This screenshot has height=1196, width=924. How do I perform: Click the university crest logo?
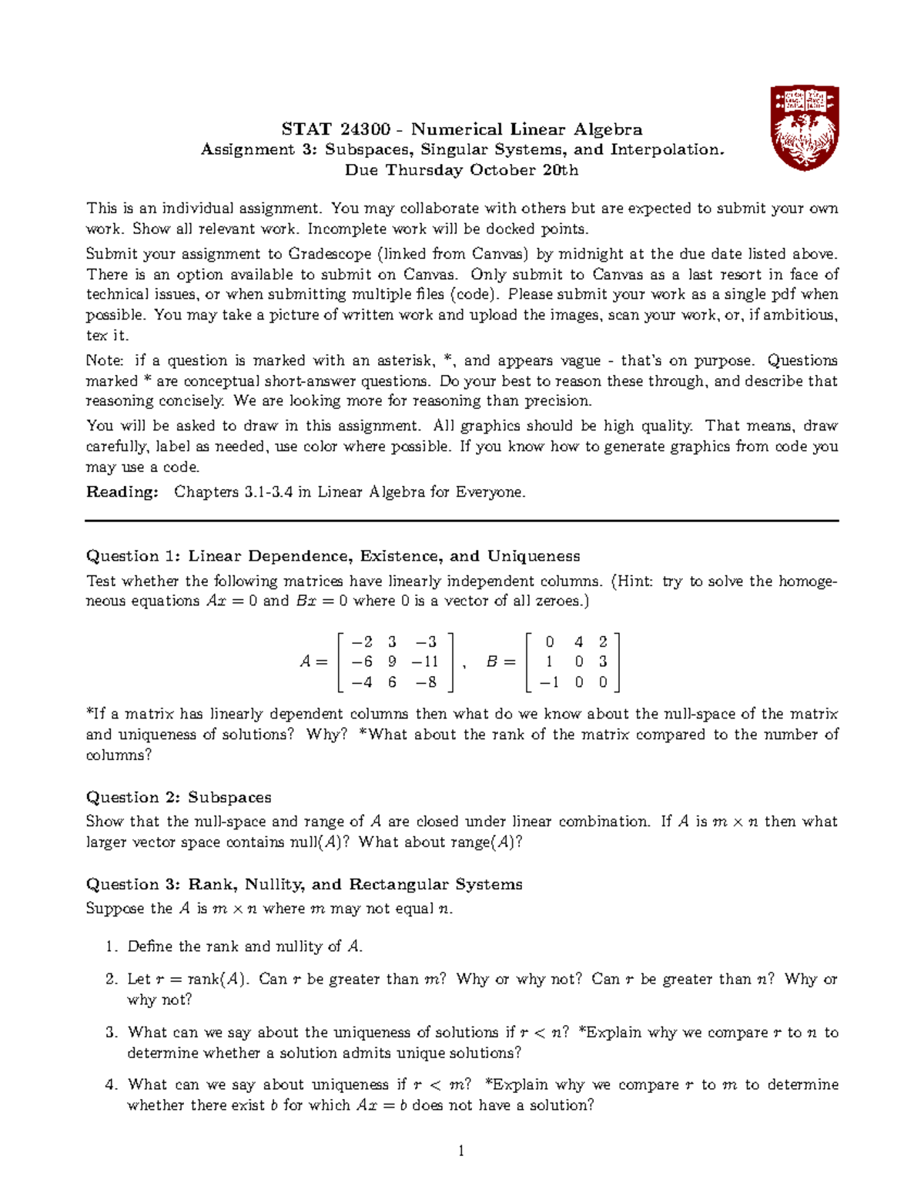click(x=805, y=128)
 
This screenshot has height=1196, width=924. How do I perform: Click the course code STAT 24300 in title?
click(x=336, y=129)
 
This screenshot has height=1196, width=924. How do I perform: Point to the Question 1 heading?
click(x=333, y=556)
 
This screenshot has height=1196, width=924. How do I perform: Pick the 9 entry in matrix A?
click(x=393, y=662)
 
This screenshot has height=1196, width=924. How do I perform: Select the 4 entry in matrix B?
click(x=578, y=642)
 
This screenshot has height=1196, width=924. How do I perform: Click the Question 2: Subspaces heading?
click(x=179, y=797)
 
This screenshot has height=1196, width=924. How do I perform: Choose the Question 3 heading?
click(x=304, y=884)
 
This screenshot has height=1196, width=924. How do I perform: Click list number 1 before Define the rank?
click(x=111, y=946)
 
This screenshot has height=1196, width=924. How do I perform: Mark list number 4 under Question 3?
click(x=111, y=1085)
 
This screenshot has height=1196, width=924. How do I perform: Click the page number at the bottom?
click(x=461, y=1151)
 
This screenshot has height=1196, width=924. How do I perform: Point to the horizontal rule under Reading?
click(x=462, y=521)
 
